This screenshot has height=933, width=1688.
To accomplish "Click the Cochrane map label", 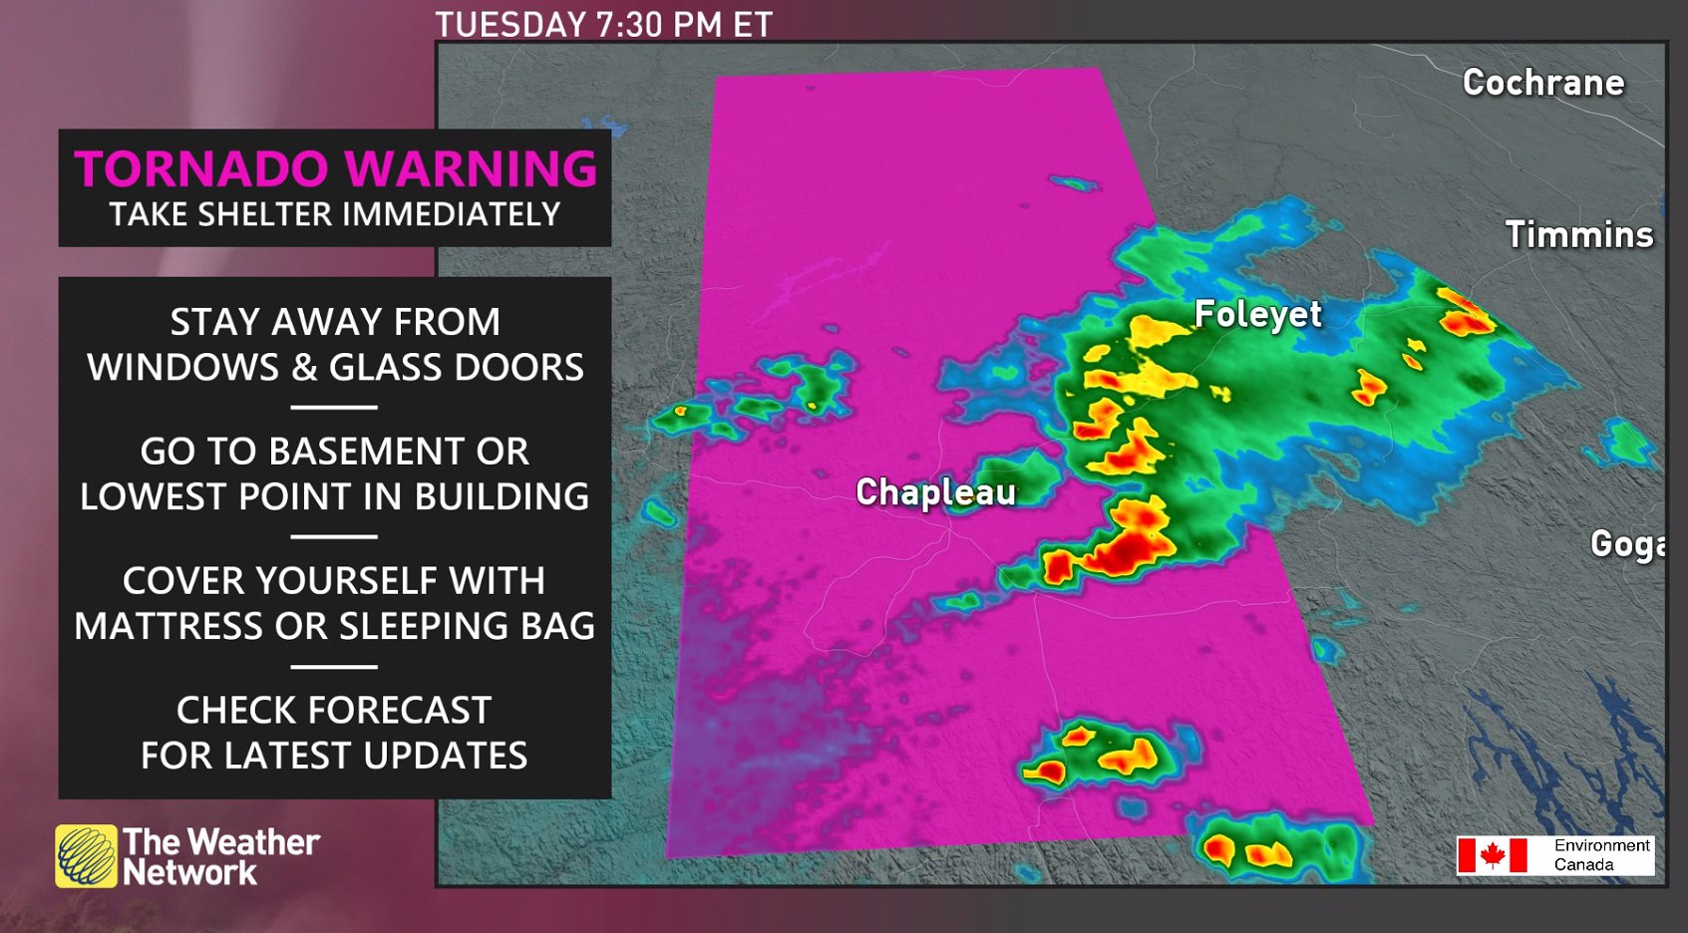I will point(1542,83).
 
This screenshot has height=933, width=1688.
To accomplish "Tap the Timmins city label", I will point(1578,235).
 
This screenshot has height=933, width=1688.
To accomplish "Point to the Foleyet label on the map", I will point(1257,315).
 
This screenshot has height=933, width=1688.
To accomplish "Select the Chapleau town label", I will point(935,492).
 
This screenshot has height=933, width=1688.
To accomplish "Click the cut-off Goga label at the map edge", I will point(1626,544).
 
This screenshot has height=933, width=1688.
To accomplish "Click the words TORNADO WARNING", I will point(335,168).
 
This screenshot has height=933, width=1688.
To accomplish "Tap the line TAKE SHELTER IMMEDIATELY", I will point(335,215).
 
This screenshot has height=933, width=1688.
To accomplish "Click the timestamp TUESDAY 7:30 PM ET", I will point(603,24).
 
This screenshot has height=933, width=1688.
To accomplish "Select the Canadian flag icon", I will point(1492,855).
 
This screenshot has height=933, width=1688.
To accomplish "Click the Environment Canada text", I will point(1600,855).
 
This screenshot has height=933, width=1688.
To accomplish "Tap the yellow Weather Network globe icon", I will point(86,856).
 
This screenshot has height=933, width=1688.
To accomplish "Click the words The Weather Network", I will point(220,857).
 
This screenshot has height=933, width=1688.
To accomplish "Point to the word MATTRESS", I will point(169,627).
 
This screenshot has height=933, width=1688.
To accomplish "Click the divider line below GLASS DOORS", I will point(334,407).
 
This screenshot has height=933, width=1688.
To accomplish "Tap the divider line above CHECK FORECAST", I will point(334,666).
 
